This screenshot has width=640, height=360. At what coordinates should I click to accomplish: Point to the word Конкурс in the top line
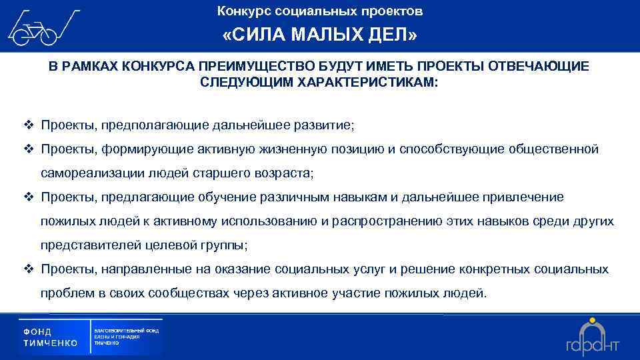pyautogui.click(x=240, y=11)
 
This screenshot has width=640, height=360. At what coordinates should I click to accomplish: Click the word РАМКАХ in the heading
pyautogui.click(x=91, y=67)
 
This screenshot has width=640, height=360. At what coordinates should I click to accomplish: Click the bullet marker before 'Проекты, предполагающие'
pyautogui.click(x=29, y=125)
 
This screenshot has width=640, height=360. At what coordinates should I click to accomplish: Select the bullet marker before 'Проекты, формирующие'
pyautogui.click(x=29, y=149)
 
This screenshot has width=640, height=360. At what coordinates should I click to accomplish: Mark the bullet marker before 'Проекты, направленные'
pyautogui.click(x=29, y=269)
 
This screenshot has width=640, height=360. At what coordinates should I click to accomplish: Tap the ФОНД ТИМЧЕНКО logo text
pyautogui.click(x=50, y=337)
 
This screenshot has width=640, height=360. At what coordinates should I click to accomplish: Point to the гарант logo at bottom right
pyautogui.click(x=593, y=337)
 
